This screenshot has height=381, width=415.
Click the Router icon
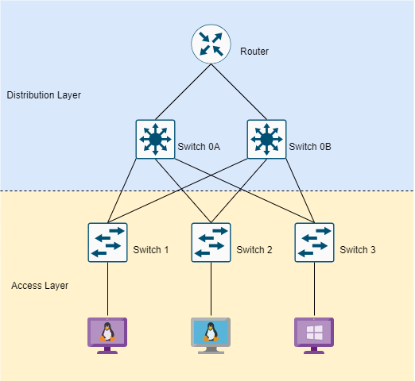(x=211, y=44)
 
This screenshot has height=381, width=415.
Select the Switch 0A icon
(x=155, y=139)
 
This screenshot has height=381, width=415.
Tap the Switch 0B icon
(x=266, y=139)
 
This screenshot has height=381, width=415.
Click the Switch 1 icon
(x=107, y=242)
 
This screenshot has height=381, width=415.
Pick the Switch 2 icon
(x=211, y=242)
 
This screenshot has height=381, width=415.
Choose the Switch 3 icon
(x=314, y=242)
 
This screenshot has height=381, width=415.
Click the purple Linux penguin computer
(x=107, y=336)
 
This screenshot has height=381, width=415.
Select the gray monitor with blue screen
(x=211, y=336)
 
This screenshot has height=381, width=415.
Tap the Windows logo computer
(x=314, y=336)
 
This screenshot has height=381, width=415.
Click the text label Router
(x=254, y=52)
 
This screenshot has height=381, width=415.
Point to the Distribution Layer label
(x=44, y=95)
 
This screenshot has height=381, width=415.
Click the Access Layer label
(x=40, y=286)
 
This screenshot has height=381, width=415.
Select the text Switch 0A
(x=199, y=147)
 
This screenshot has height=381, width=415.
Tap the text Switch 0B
(x=310, y=147)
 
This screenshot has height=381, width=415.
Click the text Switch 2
(x=254, y=250)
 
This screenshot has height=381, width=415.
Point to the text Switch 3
(x=358, y=250)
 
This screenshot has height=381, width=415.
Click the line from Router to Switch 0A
(x=183, y=92)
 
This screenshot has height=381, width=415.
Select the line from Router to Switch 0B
(x=239, y=92)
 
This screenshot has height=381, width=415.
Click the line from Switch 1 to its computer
(x=107, y=289)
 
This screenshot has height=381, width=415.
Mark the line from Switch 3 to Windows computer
(x=314, y=289)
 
